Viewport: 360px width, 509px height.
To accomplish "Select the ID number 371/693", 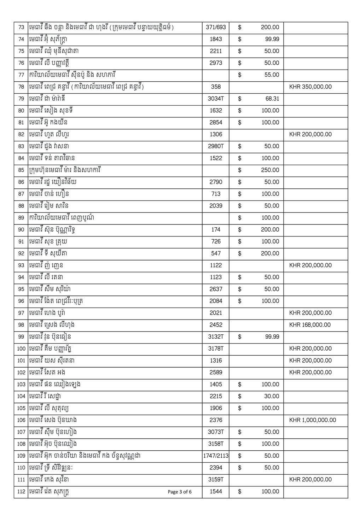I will pyautogui.click(x=216, y=27).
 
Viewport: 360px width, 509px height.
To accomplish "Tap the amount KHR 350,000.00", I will pyautogui.click(x=310, y=87).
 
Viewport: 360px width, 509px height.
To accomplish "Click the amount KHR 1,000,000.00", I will pyautogui.click(x=313, y=420).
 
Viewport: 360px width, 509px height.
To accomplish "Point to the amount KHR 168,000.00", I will pyautogui.click(x=310, y=325).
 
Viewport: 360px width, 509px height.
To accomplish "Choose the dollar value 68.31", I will pyautogui.click(x=272, y=99).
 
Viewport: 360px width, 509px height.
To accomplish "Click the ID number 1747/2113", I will pyautogui.click(x=216, y=456).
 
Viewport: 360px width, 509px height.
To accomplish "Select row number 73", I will pyautogui.click(x=21, y=27).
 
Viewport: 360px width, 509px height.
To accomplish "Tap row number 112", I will pyautogui.click(x=21, y=491).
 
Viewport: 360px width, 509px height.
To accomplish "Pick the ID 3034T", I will pyautogui.click(x=216, y=99).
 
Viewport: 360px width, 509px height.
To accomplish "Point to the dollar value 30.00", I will pyautogui.click(x=272, y=396).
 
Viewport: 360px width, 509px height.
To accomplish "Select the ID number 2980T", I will pyautogui.click(x=216, y=146).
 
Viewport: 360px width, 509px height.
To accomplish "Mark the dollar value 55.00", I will pyautogui.click(x=272, y=75).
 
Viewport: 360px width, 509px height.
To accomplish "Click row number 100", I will pyautogui.click(x=21, y=349).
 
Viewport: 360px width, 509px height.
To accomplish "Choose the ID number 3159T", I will pyautogui.click(x=216, y=479).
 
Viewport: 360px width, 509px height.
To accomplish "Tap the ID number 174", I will pyautogui.click(x=216, y=229).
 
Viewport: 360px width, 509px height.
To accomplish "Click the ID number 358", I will pyautogui.click(x=216, y=87).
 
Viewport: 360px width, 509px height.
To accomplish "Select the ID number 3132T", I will pyautogui.click(x=216, y=337).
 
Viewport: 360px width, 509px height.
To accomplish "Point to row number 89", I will pyautogui.click(x=21, y=218).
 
